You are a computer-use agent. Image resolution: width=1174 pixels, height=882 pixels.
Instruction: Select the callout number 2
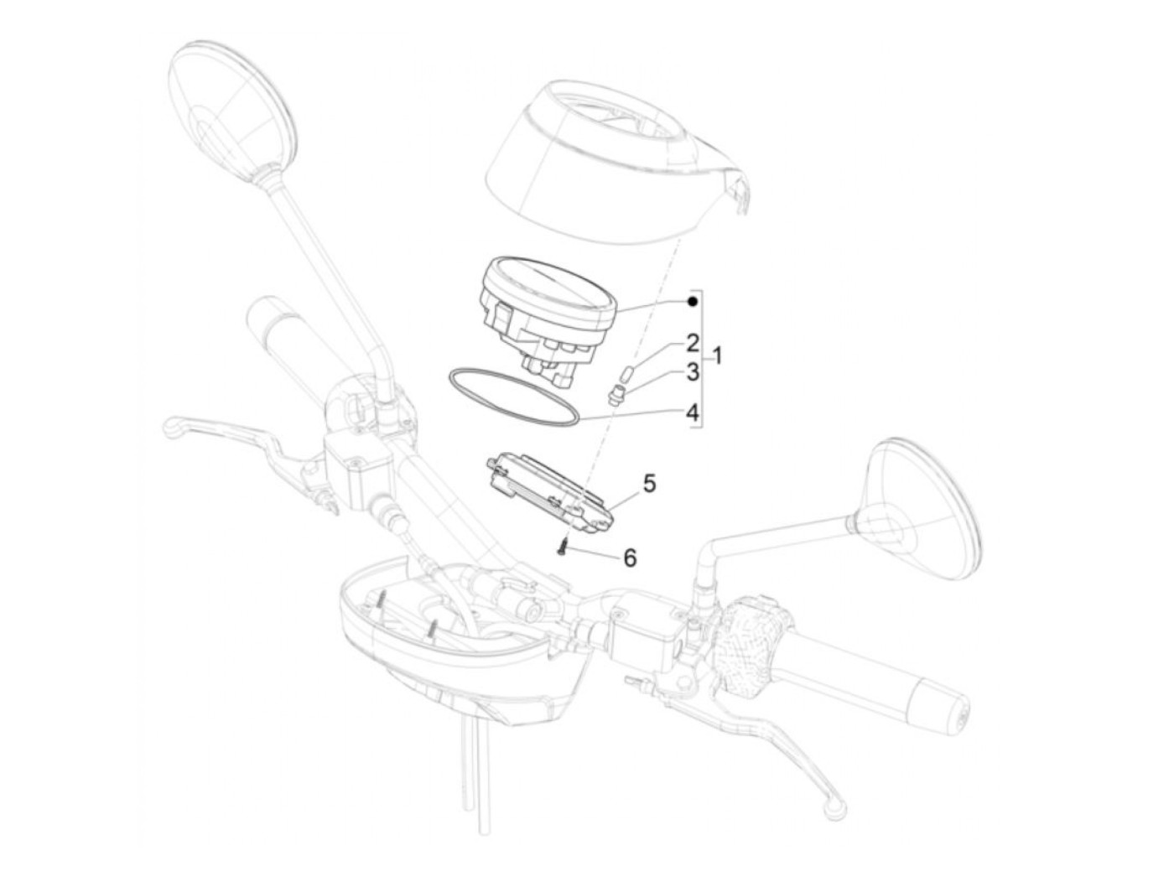pos(693,343)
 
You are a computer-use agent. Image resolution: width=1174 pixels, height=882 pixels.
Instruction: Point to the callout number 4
pos(693,412)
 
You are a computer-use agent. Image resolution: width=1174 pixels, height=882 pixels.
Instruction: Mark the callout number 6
pos(631,558)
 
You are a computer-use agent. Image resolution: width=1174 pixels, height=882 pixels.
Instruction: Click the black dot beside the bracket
pos(693,302)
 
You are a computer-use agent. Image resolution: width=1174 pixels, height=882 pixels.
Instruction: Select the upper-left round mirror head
pos(231,99)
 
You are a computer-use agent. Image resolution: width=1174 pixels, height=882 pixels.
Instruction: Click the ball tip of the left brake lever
pos(171,427)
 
